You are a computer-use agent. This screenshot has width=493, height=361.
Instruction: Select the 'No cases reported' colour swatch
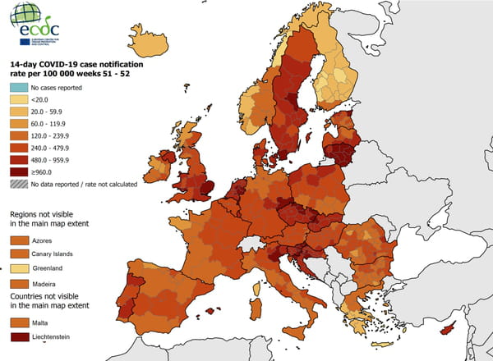pyautogui.click(x=18, y=86)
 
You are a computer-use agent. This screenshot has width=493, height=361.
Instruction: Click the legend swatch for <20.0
pyautogui.click(x=18, y=98)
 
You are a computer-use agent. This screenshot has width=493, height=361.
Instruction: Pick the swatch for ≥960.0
pyautogui.click(x=18, y=172)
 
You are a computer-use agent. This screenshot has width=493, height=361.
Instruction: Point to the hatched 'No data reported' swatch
pyautogui.click(x=18, y=185)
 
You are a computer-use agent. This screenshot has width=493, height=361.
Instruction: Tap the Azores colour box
pyautogui.click(x=19, y=240)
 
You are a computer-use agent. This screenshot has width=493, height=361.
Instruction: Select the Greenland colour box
pyautogui.click(x=19, y=267)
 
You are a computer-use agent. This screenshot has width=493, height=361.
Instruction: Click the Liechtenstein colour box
pyautogui.click(x=19, y=336)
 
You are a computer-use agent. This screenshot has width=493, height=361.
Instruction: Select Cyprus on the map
pyautogui.click(x=448, y=327)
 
